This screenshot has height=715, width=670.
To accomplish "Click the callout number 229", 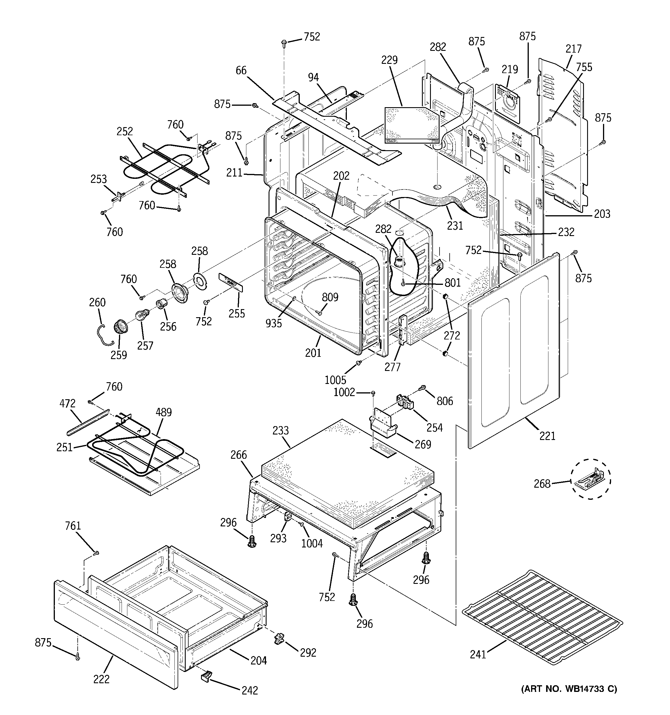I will [390, 60].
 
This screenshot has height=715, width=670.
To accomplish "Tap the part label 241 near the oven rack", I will [478, 654].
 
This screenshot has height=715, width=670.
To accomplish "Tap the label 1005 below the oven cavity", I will [335, 380].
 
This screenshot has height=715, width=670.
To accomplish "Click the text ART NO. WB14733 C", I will [569, 689].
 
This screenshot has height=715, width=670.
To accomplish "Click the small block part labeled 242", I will [206, 677].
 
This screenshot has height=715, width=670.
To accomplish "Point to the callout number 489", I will [164, 412].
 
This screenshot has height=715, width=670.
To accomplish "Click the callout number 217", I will [573, 49].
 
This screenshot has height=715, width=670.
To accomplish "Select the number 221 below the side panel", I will [547, 436].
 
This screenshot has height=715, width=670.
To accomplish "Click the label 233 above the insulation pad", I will [280, 430].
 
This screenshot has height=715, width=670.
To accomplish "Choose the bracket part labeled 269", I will [383, 424].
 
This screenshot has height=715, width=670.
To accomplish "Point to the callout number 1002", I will [344, 392].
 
